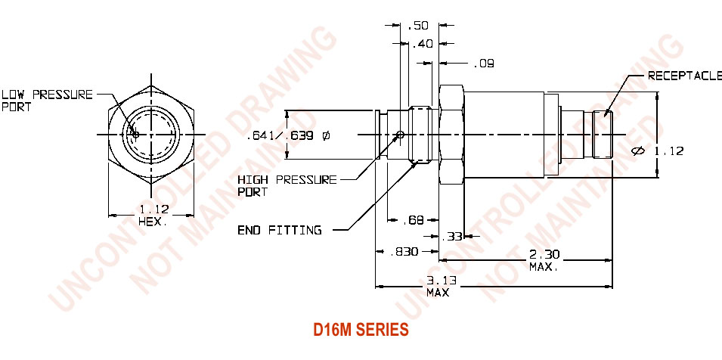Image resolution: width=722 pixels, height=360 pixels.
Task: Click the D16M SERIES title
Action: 361,330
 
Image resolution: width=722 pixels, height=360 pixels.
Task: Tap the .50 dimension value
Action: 418,26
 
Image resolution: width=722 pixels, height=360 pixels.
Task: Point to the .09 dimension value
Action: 484,64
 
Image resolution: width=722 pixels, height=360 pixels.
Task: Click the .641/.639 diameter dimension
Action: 288,136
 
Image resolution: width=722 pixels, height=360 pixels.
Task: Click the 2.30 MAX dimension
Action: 544,261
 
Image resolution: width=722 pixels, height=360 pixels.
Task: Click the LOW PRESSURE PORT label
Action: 47,101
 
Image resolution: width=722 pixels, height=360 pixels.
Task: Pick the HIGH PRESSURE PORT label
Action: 287,185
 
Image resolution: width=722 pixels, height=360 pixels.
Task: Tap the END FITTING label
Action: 280,230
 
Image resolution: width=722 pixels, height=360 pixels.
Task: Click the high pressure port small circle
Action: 401,136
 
